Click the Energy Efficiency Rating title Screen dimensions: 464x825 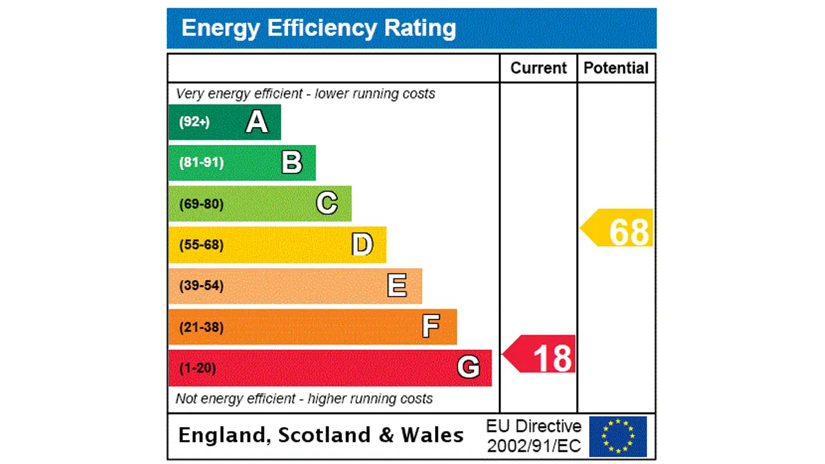coord(318,28)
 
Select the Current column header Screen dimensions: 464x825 coord(538,68)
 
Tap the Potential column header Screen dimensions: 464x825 coord(616,68)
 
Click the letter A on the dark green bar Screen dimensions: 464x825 coord(257,122)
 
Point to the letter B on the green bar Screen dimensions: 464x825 coord(292,162)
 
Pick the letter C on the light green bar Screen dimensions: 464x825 coord(327,204)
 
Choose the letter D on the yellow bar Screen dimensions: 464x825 coord(362,245)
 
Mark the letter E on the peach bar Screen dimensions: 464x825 coord(397,285)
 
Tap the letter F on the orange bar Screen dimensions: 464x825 coord(431,327)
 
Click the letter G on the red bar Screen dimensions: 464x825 coord(468,367)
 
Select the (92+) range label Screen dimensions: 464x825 coord(194,122)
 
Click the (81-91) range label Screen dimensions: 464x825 coord(201,162)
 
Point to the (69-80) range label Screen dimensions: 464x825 coord(201,204)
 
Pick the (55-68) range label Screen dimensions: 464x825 coord(201,245)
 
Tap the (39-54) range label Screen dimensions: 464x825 coord(201,285)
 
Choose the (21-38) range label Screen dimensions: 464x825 coord(201,327)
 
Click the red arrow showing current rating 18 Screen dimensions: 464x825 coord(541,354)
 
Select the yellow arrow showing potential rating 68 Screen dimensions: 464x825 coord(619,228)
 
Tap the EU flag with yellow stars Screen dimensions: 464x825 coord(617,436)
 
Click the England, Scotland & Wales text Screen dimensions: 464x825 coord(320,435)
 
